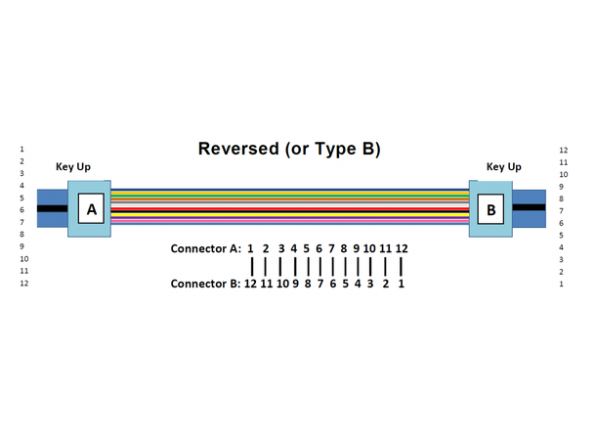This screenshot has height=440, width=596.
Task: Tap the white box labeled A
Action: [92, 209]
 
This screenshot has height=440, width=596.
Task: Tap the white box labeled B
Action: [491, 209]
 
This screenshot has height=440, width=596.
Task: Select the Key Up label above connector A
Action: [73, 167]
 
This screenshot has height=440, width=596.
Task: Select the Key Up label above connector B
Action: [504, 167]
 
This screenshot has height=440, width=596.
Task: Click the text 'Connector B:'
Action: [205, 285]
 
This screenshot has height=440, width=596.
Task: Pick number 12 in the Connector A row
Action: [402, 248]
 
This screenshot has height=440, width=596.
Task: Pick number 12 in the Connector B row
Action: [250, 285]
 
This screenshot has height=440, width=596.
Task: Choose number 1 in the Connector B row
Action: [402, 285]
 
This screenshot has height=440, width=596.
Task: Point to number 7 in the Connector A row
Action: [331, 248]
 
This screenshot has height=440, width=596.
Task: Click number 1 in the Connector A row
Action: [251, 248]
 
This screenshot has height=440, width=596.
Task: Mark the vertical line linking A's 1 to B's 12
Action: [251, 266]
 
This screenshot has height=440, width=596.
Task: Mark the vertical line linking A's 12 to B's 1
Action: [402, 266]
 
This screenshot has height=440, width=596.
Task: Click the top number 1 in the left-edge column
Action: [21, 150]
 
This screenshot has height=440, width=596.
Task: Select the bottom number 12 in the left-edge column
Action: [23, 284]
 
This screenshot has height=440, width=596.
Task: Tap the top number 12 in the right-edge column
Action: [564, 151]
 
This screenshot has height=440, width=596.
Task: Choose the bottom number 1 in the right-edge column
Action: [563, 284]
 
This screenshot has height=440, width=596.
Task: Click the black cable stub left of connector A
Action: [51, 208]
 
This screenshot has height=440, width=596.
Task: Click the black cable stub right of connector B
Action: [530, 208]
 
